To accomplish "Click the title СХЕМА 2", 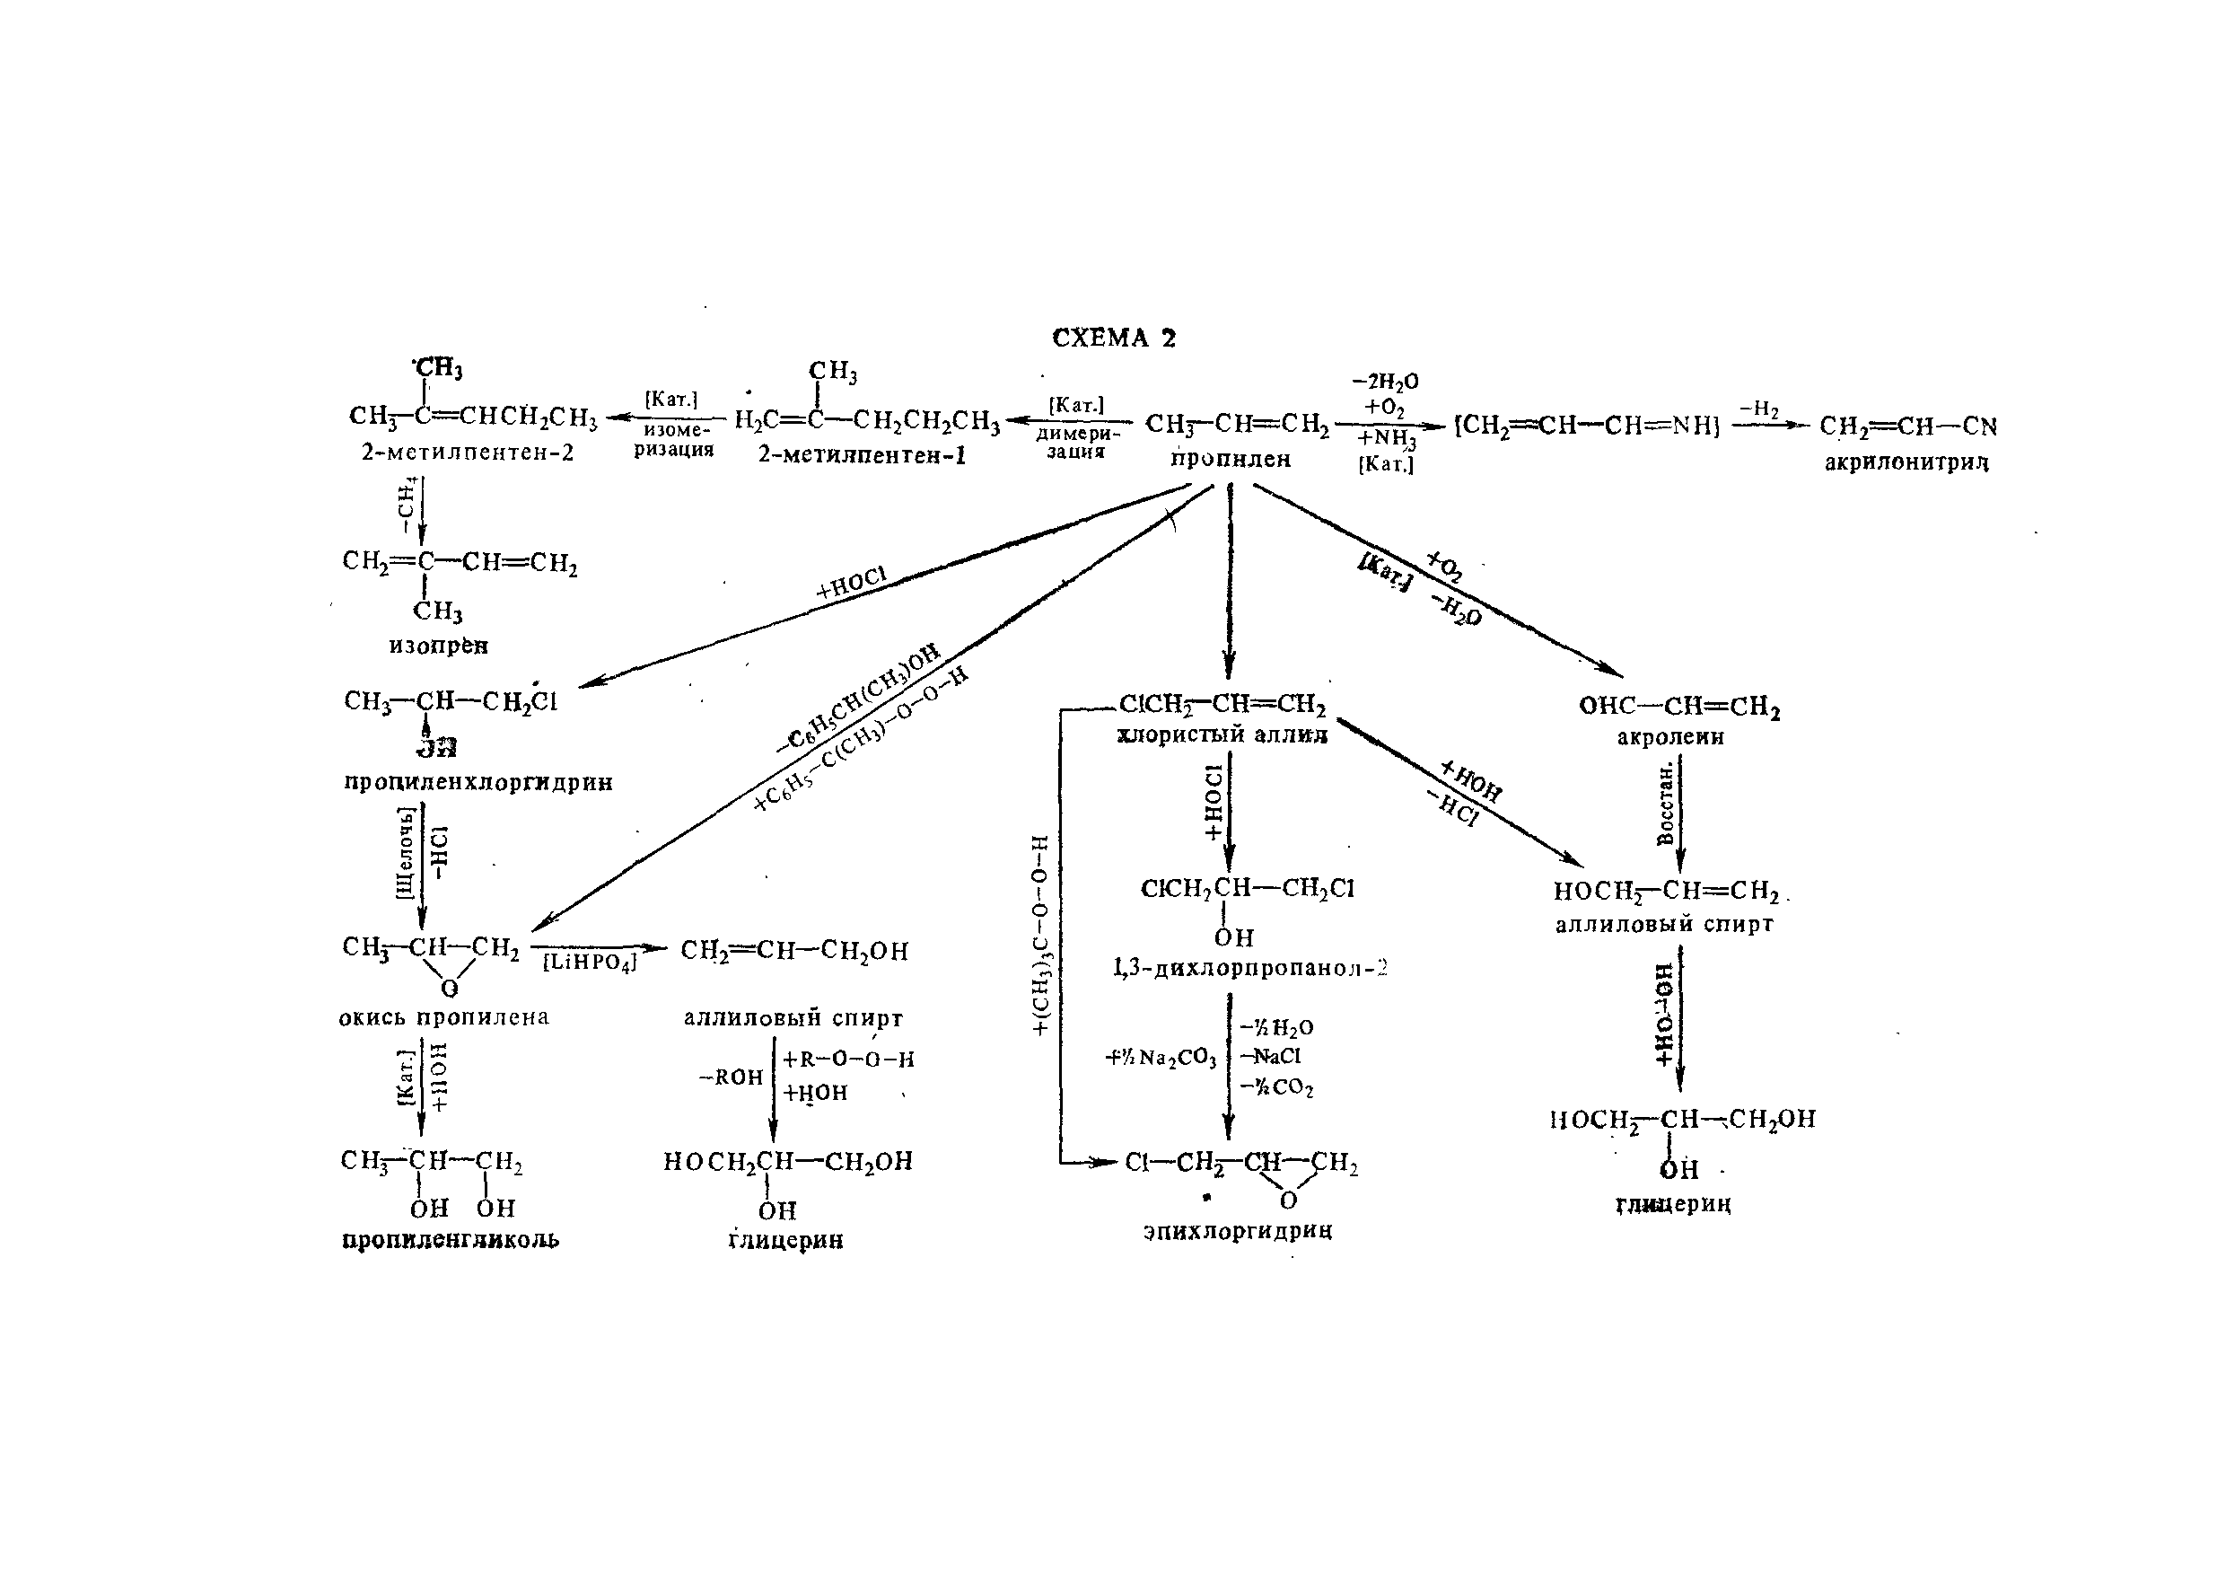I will pos(1114,339).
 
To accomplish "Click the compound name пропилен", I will pos(1230,459).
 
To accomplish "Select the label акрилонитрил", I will pos(1906,463).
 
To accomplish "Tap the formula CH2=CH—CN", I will pos(1907,427).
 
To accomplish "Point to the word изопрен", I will pos(439,646).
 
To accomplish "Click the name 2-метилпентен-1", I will pos(862,455).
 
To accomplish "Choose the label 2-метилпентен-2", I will pos(468,453).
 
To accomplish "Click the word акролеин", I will pos(1670,737).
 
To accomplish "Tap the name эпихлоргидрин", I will pos(1237,1230).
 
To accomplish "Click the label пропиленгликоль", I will pos(451,1240).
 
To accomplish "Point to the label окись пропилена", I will pos(443,1017).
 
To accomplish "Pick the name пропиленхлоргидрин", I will pos(478,783).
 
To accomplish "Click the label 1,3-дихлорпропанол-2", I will pos(1250,968).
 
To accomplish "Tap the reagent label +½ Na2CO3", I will pos(1161,1057).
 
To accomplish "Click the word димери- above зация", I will pos(1078,434).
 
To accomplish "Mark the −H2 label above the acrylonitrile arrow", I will pos(1759,409).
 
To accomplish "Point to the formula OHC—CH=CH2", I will pos(1679,706).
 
